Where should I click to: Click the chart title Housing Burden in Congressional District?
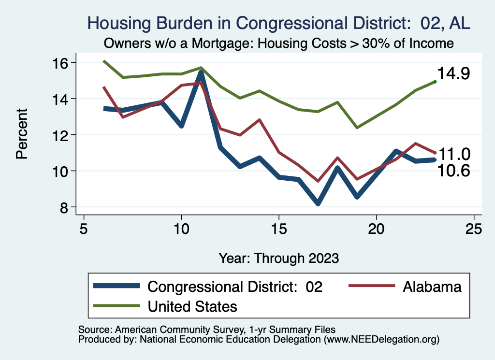click(278, 23)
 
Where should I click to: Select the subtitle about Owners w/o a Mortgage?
click(278, 43)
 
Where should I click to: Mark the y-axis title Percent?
click(22, 135)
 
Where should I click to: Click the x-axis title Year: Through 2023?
click(278, 258)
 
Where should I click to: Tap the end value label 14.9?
click(453, 74)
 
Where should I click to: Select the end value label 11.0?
click(454, 154)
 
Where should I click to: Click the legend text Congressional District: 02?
click(235, 287)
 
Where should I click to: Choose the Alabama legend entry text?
click(432, 287)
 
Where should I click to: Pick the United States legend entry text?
click(192, 306)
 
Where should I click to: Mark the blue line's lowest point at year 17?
click(318, 203)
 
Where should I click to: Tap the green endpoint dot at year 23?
click(435, 82)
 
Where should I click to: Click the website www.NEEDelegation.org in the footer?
click(381, 340)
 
